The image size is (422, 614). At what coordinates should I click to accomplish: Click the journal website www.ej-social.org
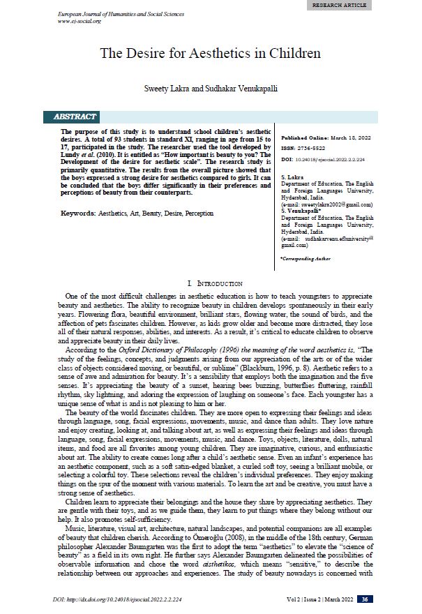click(80, 22)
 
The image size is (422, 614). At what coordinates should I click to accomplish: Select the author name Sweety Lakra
click(166, 90)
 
